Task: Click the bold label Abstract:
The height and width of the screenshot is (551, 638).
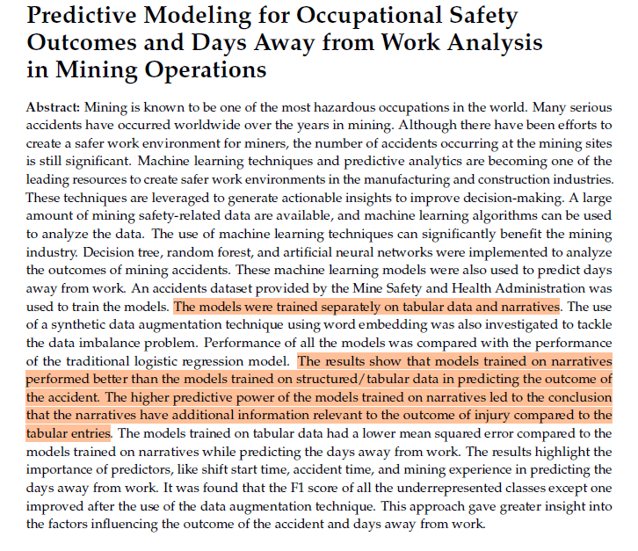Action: pos(54,107)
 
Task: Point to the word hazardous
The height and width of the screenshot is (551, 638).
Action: pos(327,107)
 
